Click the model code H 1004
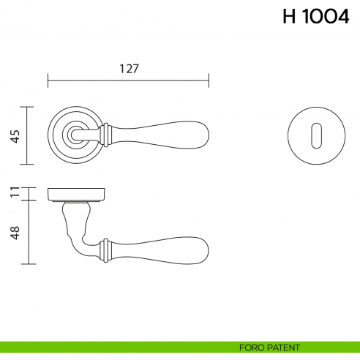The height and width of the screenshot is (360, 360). click(x=316, y=18)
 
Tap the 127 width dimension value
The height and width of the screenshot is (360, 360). click(x=129, y=68)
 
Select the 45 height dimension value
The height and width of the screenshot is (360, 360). click(x=14, y=136)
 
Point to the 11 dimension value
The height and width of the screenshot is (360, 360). click(x=14, y=193)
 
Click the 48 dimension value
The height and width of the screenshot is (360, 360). click(x=14, y=232)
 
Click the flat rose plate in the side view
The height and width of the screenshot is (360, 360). click(x=77, y=195)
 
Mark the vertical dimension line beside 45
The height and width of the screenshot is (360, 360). click(x=28, y=136)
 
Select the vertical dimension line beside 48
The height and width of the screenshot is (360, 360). click(x=28, y=232)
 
